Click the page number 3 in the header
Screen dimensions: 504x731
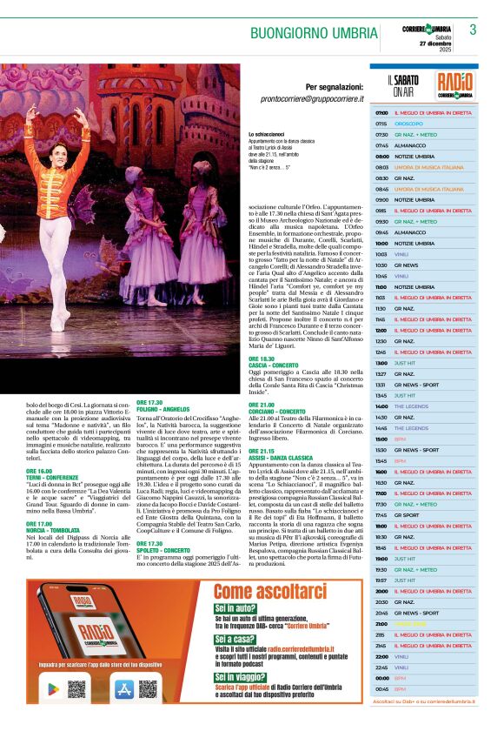[x=473, y=30]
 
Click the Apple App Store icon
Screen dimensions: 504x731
[x=124, y=689]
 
